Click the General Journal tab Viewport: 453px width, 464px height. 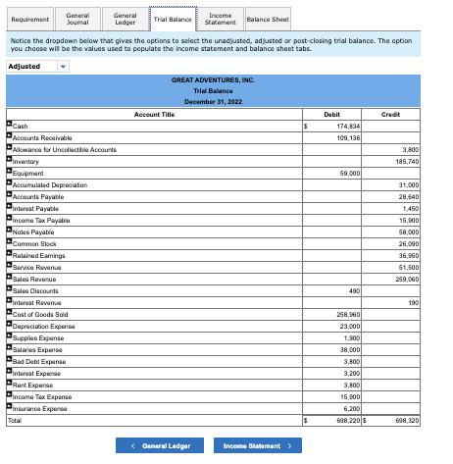click(x=77, y=18)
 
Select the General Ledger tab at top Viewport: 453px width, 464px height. click(x=125, y=18)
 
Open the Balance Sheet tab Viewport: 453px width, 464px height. click(x=267, y=19)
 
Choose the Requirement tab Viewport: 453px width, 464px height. click(x=29, y=19)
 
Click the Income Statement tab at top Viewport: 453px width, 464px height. click(x=220, y=18)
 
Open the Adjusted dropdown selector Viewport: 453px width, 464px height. click(x=38, y=67)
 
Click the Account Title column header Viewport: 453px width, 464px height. click(x=153, y=114)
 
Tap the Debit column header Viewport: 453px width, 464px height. click(x=331, y=114)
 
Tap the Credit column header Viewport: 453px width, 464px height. click(x=404, y=114)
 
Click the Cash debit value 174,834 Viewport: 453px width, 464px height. click(x=348, y=127)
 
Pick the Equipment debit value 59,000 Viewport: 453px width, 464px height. click(x=350, y=172)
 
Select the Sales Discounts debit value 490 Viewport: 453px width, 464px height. click(x=354, y=290)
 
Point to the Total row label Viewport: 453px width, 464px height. click(x=15, y=420)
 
